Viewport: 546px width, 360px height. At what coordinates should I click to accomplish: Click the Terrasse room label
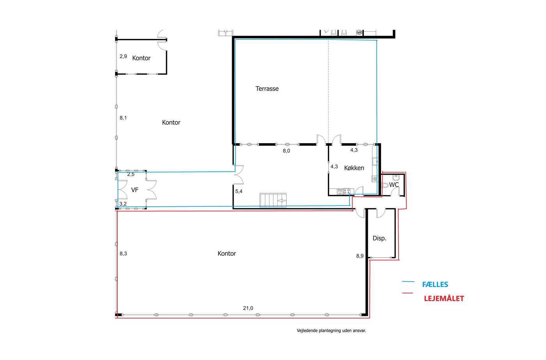coord(267,89)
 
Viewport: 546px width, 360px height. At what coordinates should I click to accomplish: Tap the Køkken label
coord(354,168)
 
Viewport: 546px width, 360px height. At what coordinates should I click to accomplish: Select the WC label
coord(394,185)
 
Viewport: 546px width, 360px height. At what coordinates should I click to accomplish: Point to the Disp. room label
coord(379,238)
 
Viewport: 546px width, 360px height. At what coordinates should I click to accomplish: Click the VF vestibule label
coord(135,190)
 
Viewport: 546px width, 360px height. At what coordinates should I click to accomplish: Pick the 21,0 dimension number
coord(248,308)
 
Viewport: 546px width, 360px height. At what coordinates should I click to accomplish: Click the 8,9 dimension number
coord(360,256)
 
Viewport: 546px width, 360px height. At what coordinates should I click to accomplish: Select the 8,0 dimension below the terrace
coord(286,151)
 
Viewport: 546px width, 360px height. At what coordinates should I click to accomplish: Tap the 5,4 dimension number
coord(239,192)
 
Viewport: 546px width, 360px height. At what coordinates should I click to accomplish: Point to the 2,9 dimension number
coord(123,56)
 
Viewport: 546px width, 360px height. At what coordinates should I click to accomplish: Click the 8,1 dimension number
coord(123,118)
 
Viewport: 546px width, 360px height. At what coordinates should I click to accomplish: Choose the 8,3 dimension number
coord(123,254)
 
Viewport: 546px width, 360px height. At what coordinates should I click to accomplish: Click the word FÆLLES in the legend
coord(435,284)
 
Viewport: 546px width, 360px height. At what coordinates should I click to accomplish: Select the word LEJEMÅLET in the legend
coord(444,298)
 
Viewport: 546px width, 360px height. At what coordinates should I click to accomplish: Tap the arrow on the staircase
coord(282,201)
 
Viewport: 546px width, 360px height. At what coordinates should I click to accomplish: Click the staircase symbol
coord(273,200)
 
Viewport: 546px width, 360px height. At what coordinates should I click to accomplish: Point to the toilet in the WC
coord(385,185)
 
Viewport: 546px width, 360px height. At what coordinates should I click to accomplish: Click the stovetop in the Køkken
coord(347,192)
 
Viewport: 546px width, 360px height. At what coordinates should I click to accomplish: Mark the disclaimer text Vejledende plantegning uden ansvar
coord(331,331)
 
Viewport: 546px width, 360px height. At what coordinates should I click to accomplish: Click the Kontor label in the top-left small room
coord(141,58)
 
